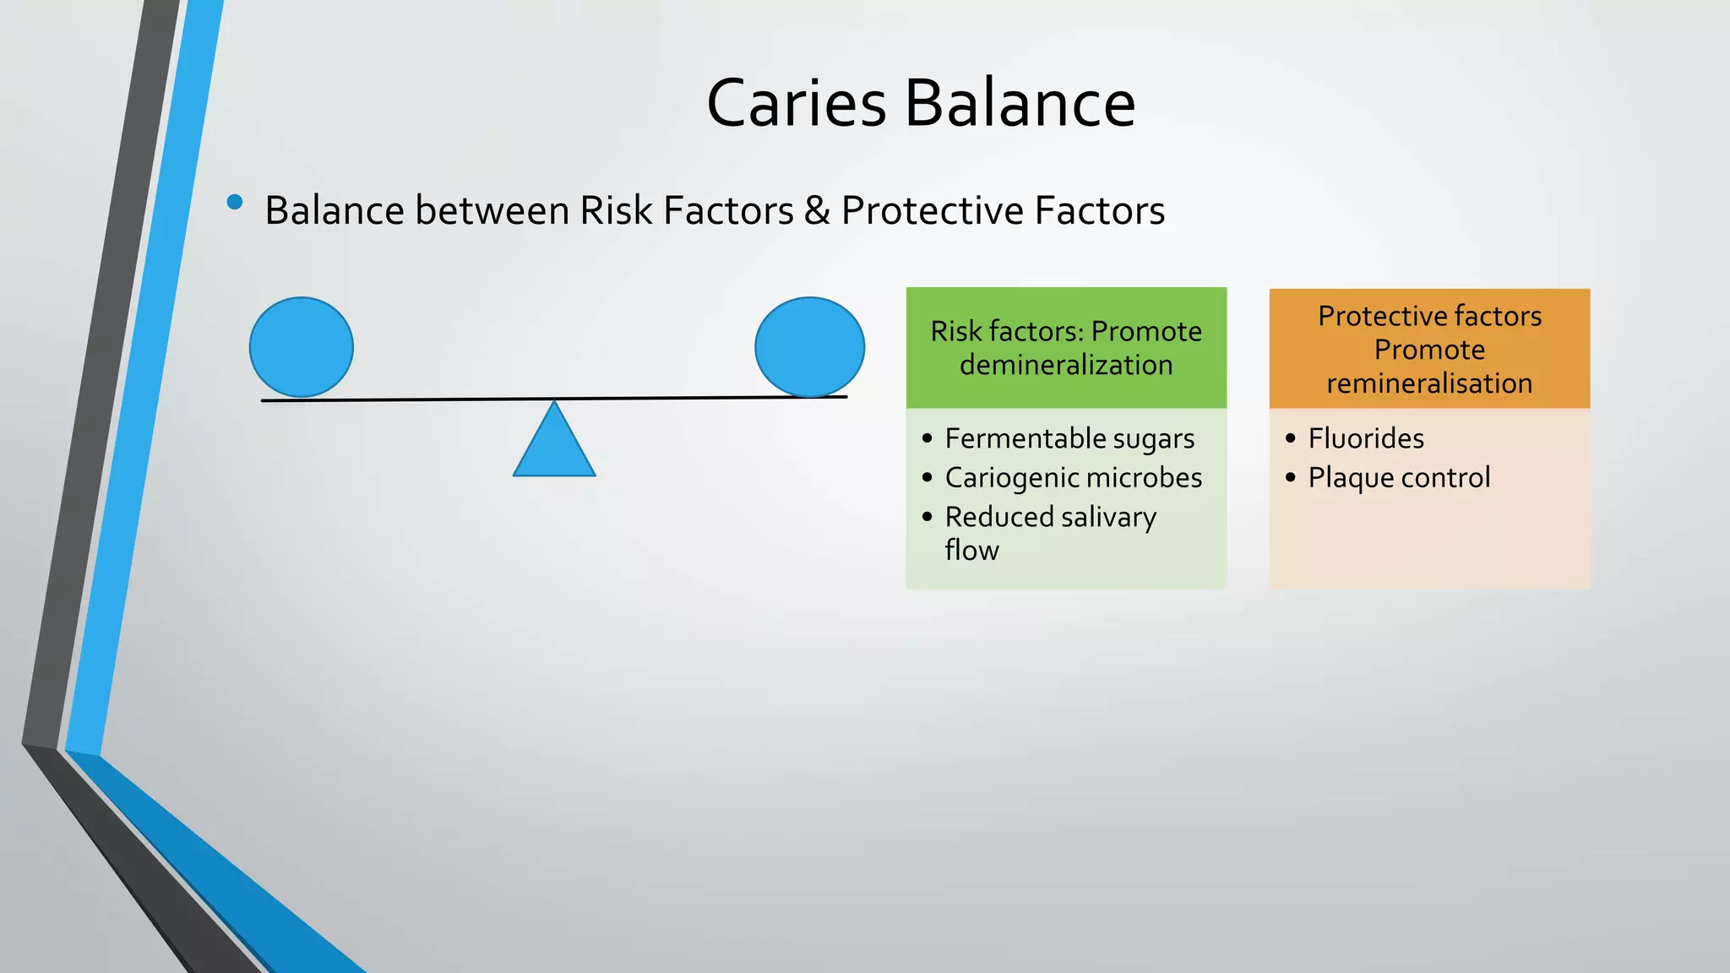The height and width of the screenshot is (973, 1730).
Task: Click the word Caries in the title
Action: pyautogui.click(x=796, y=103)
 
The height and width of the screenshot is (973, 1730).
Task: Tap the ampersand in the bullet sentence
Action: pyautogui.click(x=817, y=210)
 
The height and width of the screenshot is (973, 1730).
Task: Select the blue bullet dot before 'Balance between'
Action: pyautogui.click(x=235, y=202)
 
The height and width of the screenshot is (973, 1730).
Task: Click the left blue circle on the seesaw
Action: pyautogui.click(x=302, y=347)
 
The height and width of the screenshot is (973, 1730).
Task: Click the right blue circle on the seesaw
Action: pyautogui.click(x=809, y=347)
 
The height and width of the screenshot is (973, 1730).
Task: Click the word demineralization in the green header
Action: pyautogui.click(x=1066, y=365)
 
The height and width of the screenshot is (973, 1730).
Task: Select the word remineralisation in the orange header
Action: pyautogui.click(x=1429, y=383)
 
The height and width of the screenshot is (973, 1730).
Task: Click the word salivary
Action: pyautogui.click(x=1108, y=517)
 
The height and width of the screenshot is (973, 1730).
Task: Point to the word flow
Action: pyautogui.click(x=971, y=551)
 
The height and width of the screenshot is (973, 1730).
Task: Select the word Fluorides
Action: pyautogui.click(x=1366, y=438)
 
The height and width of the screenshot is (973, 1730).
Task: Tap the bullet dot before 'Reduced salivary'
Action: pyautogui.click(x=928, y=517)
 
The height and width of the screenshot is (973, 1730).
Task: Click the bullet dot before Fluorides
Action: pyautogui.click(x=1290, y=438)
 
